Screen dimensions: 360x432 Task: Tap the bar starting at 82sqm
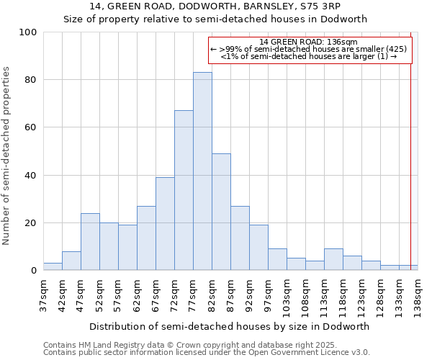pos(221,212)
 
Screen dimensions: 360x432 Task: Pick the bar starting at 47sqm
pos(90,242)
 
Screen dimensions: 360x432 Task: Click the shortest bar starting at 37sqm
pos(53,266)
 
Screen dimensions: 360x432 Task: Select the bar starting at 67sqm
pos(165,224)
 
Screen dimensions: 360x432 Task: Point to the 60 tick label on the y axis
pos(31,127)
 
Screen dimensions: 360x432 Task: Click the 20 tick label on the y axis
pos(31,223)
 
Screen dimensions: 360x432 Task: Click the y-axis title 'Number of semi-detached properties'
pos(7,156)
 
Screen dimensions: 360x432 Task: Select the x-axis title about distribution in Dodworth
pos(229,326)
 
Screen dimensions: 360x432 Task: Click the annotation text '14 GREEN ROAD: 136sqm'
pos(308,42)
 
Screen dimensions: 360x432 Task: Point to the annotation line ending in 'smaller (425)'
pos(308,49)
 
